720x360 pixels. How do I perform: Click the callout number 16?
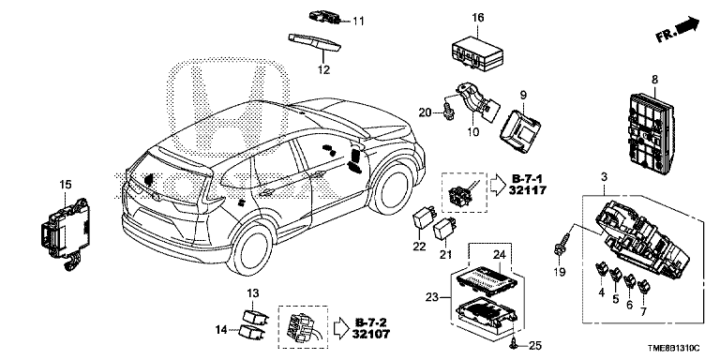[477, 18]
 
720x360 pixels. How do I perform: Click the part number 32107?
[371, 334]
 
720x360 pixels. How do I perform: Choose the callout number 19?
[560, 272]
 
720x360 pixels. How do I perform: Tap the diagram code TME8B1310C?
[673, 349]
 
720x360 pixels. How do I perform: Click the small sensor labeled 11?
[324, 17]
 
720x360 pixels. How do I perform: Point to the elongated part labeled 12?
[315, 42]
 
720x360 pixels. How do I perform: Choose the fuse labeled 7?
[644, 286]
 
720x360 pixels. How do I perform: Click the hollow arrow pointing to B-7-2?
[340, 327]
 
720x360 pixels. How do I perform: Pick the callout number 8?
[654, 80]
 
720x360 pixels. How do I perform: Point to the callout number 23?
[432, 297]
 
